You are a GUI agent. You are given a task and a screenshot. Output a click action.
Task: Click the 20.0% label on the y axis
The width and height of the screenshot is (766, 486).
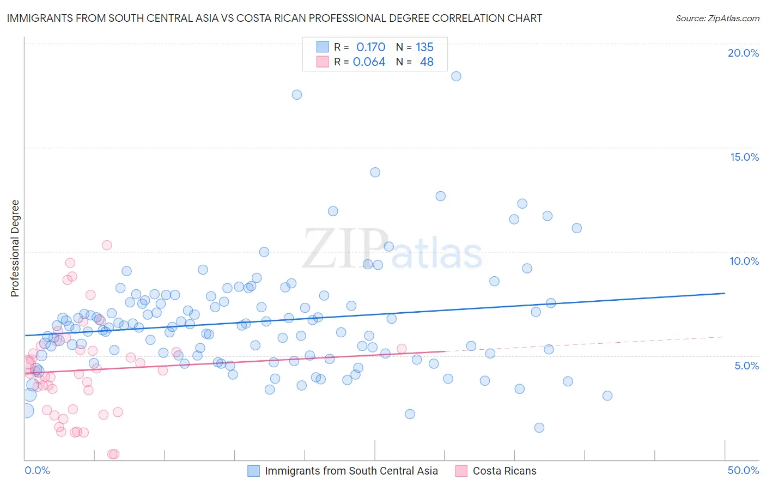pos(743,53)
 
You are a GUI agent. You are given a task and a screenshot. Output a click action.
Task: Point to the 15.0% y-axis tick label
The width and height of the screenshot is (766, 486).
pos(744,157)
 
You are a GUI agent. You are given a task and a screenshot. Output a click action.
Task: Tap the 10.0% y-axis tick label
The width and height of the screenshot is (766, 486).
pos(744,261)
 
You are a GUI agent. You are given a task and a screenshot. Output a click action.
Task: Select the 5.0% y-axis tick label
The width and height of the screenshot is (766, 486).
pos(746,366)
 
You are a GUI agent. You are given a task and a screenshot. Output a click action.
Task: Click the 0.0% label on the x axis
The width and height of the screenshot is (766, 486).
pos(37,470)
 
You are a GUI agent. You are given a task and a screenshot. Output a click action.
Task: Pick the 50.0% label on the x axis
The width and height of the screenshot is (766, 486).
pos(743,470)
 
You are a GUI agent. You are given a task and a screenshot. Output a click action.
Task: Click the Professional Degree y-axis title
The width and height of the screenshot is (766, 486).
pos(15,248)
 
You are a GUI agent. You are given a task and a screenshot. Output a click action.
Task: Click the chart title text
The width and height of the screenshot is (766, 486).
pos(275,18)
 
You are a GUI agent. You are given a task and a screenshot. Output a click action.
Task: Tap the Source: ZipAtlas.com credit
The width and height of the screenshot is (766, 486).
pos(717,18)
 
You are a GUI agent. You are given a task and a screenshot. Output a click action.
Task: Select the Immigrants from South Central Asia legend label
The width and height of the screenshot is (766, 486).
pos(351,471)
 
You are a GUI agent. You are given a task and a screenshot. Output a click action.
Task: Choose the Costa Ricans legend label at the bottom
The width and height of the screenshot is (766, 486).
pos(504,471)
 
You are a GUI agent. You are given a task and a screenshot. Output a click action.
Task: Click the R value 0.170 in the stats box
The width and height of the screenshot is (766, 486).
pos(370,47)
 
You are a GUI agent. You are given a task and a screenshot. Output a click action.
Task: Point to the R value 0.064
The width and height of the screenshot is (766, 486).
pos(369,62)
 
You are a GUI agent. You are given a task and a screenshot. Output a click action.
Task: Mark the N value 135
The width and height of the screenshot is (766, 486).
pos(424,47)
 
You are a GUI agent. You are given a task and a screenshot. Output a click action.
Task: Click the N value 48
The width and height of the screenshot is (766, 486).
pos(427,62)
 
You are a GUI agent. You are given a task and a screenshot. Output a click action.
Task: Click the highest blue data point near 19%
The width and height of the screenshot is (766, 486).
pos(456,76)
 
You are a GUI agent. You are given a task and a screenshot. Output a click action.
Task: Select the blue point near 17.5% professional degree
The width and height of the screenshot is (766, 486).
pos(296,95)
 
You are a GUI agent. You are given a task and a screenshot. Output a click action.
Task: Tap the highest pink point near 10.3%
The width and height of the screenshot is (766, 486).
pos(107,245)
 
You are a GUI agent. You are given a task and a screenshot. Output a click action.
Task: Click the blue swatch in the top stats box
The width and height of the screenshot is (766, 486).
pos(323,47)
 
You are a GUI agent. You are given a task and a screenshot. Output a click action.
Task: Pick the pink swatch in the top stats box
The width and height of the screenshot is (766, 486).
pos(323,62)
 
